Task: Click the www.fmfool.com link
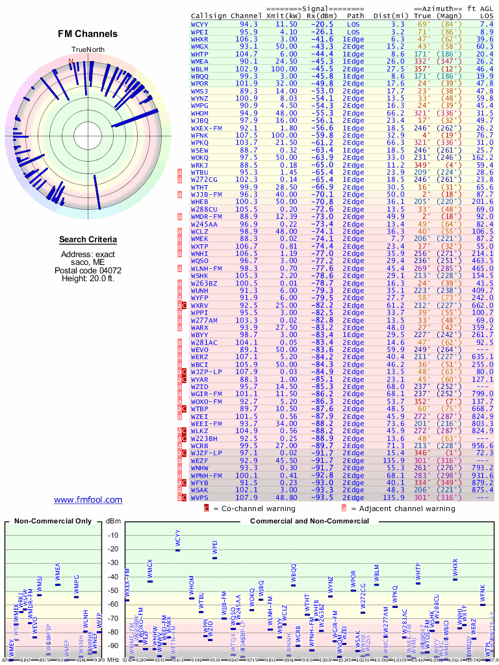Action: pos(88,499)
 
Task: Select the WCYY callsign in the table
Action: pos(200,24)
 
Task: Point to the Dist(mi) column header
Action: pos(389,15)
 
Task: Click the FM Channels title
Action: pos(88,34)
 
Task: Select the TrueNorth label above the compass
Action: pos(88,50)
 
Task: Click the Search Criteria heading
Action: pos(88,240)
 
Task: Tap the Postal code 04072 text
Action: pos(88,270)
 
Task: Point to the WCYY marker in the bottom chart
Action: pos(177,549)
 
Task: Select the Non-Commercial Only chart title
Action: pos(53,521)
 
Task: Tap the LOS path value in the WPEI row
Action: pos(353,31)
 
